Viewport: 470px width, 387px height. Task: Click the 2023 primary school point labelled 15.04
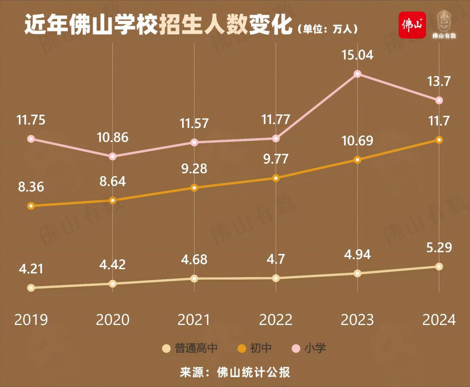(x=357, y=74)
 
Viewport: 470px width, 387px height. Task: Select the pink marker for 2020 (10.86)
(x=112, y=156)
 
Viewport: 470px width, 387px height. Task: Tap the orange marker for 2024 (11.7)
(x=439, y=140)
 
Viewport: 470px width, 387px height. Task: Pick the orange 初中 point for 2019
(x=30, y=206)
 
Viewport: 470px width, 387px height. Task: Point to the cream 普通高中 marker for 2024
(x=439, y=266)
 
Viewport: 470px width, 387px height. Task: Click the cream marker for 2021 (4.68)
(x=194, y=278)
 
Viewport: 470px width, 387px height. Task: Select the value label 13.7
(x=439, y=81)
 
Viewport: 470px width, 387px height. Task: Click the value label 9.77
(x=276, y=159)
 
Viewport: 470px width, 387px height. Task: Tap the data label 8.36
(x=30, y=187)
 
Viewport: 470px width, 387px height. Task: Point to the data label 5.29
(x=439, y=248)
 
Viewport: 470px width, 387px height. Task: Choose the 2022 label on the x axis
(x=276, y=320)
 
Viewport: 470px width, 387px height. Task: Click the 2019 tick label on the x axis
(x=31, y=320)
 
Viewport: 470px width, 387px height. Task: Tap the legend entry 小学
(x=315, y=348)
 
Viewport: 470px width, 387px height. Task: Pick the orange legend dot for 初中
(x=242, y=348)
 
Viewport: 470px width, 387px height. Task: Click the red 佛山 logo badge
(x=412, y=25)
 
